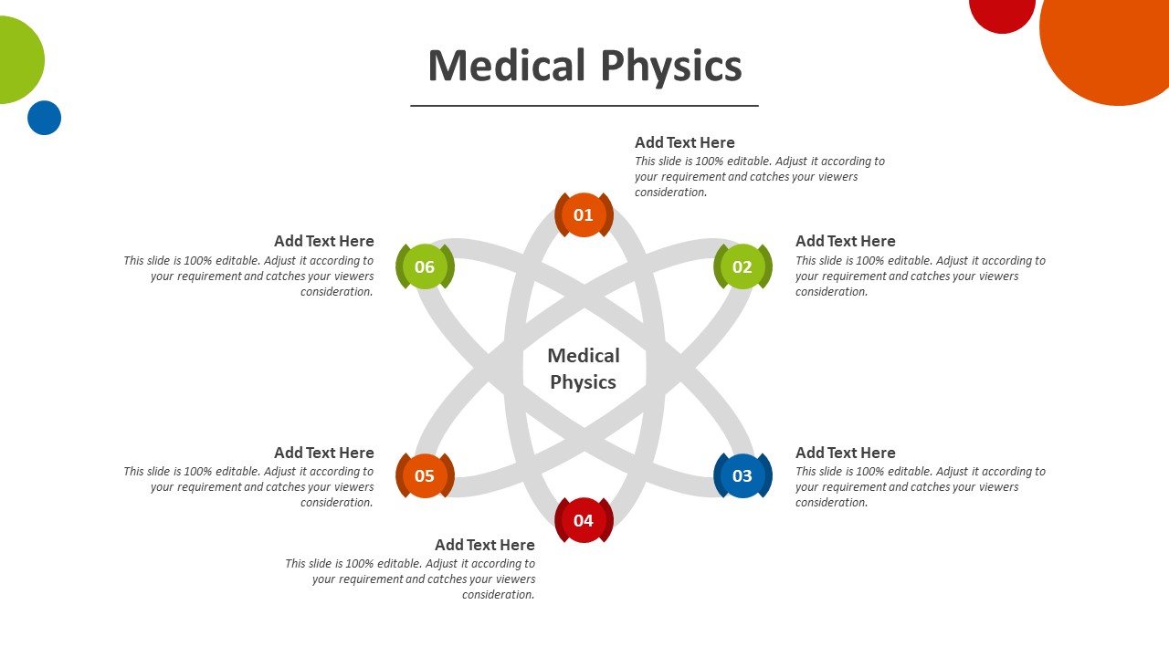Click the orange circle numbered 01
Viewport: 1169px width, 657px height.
584,215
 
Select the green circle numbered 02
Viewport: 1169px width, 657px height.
742,266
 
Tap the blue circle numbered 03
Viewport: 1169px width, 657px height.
742,475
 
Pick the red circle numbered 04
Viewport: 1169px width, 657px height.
584,520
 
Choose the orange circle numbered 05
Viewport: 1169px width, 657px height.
425,475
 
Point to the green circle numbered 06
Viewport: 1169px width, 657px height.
425,266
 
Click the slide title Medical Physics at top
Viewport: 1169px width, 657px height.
584,66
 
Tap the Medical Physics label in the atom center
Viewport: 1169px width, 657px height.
584,369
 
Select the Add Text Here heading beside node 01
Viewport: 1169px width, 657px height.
685,142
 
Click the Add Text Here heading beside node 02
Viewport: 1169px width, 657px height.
845,241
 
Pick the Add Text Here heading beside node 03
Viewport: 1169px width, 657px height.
845,453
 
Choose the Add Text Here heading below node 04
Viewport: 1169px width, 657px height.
485,545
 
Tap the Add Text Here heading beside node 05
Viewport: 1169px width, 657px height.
324,453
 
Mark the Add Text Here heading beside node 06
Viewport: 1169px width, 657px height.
324,241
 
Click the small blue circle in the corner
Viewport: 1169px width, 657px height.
44,118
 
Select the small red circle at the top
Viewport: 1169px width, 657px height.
1002,11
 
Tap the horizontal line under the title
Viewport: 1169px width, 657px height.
584,106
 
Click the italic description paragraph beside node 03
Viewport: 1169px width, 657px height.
920,487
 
